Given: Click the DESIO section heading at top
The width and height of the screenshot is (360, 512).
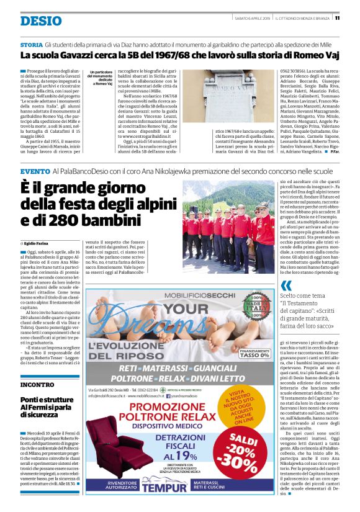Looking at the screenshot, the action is click(41, 21).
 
